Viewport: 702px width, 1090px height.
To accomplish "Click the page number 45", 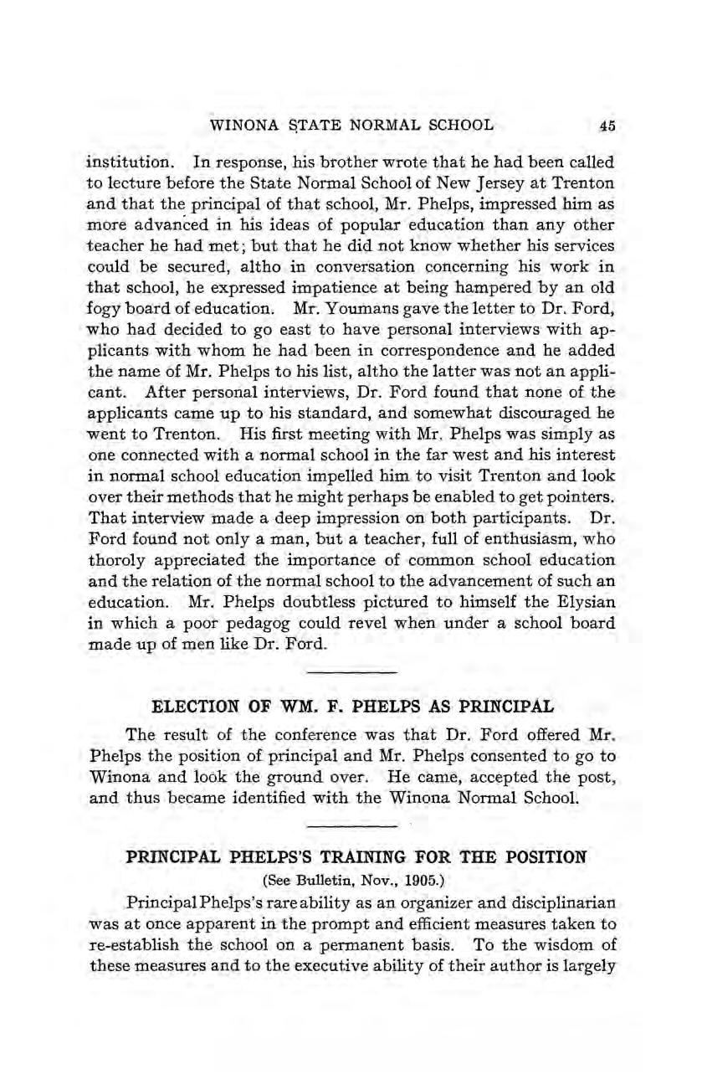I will coord(607,126).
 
